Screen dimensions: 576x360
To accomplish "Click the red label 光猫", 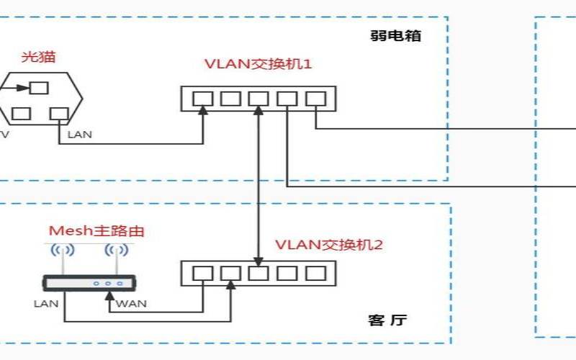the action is pos(38,57).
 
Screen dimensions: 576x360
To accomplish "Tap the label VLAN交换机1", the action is pos(258,64).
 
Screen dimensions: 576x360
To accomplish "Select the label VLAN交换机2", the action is pos(329,245).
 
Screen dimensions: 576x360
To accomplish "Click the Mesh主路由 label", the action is pos(96,230).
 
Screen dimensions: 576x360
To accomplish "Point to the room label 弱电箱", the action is pos(395,35).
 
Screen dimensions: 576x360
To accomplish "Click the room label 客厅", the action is pos(387,320).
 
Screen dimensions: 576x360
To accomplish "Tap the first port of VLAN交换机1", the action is pos(203,99).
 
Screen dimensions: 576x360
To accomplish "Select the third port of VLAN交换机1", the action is pos(258,99).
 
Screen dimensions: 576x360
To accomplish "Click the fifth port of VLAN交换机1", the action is pos(316,99).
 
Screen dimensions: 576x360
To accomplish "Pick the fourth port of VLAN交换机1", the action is pos(287,99).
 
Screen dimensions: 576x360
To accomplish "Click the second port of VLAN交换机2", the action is pos(230,274).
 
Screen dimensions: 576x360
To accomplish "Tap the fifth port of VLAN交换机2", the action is pos(316,274).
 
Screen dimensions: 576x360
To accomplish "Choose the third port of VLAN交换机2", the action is pos(258,274).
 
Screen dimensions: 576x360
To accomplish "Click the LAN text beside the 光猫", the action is pos(80,135).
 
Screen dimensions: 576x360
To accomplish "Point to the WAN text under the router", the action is pos(131,304).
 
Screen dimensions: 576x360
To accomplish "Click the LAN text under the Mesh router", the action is pos(46,304).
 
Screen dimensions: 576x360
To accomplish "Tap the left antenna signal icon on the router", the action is pos(63,251).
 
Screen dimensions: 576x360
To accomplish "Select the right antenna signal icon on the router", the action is pos(117,251).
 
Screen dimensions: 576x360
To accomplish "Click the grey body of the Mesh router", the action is pos(89,283).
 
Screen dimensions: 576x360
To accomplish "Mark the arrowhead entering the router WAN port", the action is pos(109,296).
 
